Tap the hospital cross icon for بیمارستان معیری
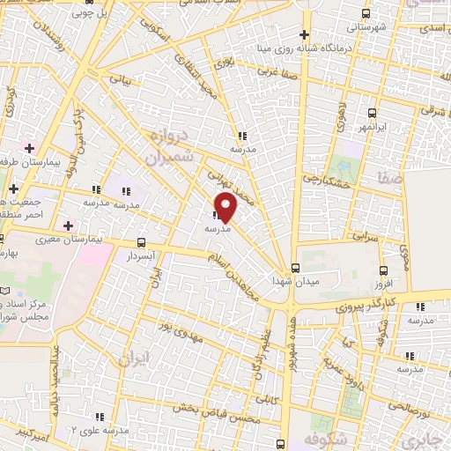coord(68,226)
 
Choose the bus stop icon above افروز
coord(383,270)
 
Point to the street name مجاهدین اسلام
coord(233,274)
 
